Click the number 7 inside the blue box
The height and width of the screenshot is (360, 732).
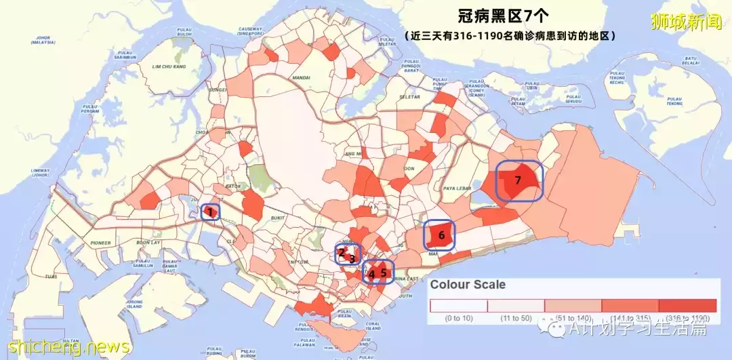[x=518, y=180]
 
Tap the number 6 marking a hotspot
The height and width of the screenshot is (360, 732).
[x=441, y=235]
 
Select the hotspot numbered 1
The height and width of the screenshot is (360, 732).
[x=210, y=212]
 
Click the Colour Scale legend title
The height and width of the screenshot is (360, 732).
[x=468, y=285]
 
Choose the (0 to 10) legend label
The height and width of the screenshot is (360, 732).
[x=459, y=318]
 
